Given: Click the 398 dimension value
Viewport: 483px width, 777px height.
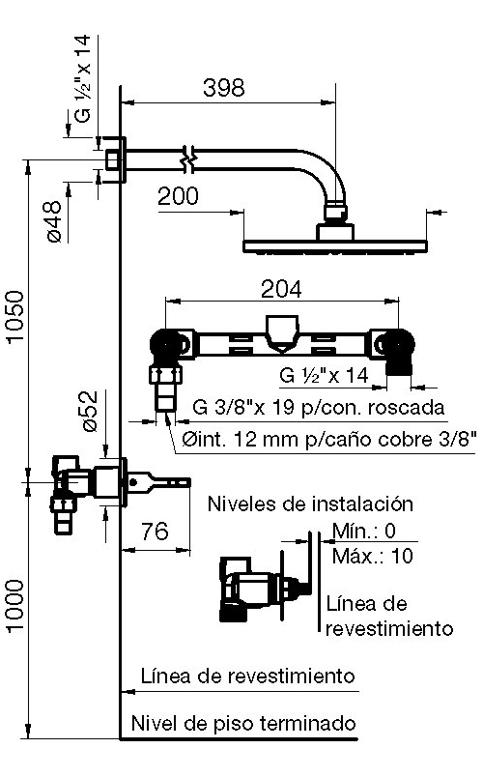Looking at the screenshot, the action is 224,88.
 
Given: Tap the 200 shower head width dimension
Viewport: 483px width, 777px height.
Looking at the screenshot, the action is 178,196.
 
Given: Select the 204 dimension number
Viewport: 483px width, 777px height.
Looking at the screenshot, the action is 281,289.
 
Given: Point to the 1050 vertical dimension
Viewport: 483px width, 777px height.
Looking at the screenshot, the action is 14,316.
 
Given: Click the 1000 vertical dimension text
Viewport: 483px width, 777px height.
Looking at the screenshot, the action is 14,606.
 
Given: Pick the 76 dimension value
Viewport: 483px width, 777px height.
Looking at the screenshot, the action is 156,532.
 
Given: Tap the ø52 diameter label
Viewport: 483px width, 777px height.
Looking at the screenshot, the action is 90,411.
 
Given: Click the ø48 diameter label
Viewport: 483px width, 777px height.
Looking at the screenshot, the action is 54,221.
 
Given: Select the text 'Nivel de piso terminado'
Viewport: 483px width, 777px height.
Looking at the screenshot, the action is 243,724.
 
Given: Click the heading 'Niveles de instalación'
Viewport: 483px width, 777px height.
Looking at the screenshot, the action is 310,504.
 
